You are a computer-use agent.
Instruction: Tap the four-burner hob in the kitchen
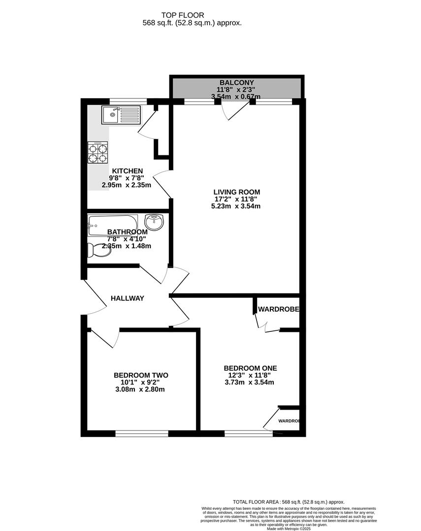pyautogui.click(x=98, y=152)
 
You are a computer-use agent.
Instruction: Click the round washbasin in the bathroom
pyautogui.click(x=155, y=223)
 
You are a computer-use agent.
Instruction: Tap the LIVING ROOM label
pyautogui.click(x=236, y=192)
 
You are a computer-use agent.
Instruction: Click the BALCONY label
pyautogui.click(x=236, y=83)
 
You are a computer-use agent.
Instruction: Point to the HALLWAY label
pyautogui.click(x=127, y=298)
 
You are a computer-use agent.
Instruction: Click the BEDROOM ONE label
pyautogui.click(x=250, y=368)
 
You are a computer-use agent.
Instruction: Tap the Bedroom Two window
pyautogui.click(x=141, y=434)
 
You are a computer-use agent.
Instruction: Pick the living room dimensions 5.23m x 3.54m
pyautogui.click(x=236, y=206)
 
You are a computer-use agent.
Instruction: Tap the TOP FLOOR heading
pyautogui.click(x=183, y=15)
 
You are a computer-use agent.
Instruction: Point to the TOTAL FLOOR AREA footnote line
pyautogui.click(x=289, y=501)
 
